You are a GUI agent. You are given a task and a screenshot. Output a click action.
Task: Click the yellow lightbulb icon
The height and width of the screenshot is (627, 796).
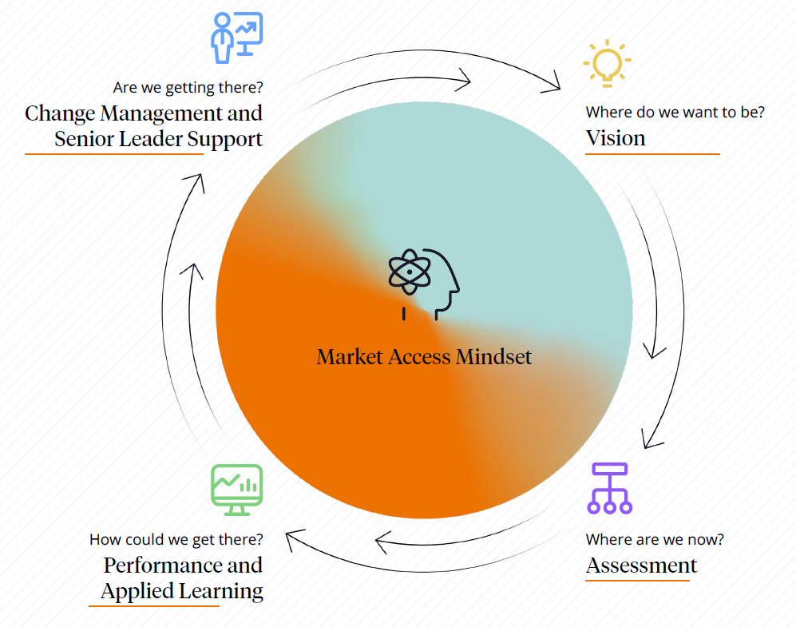click(608, 62)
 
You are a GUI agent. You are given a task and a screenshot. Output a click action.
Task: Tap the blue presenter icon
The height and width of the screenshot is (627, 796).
click(236, 38)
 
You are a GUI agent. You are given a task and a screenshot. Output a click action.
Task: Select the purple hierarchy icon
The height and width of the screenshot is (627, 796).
click(609, 487)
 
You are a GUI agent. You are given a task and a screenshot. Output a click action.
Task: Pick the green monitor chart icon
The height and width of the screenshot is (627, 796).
click(236, 490)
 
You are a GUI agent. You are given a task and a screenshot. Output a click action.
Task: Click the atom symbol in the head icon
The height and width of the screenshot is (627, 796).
click(409, 271)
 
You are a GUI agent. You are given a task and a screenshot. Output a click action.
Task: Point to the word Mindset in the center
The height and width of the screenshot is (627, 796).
click(493, 356)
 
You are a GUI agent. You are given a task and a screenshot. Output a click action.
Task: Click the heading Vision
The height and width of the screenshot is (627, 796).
click(615, 138)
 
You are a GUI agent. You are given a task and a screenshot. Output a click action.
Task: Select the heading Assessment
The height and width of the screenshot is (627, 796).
click(641, 565)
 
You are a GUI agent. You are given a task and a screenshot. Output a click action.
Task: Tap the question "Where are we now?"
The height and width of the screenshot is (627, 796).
click(655, 540)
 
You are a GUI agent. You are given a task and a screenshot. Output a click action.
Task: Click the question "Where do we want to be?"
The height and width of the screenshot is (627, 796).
click(675, 113)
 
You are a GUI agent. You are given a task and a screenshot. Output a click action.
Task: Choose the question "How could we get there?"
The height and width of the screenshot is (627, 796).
click(176, 540)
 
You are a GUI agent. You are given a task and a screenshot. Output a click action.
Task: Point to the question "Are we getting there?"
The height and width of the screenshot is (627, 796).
click(188, 87)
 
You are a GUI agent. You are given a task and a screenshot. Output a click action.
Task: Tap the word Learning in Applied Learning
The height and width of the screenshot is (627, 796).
click(224, 591)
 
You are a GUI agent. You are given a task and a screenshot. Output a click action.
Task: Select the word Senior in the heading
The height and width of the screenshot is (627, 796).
click(85, 138)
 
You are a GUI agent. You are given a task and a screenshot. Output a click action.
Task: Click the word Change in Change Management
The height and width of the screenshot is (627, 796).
click(60, 113)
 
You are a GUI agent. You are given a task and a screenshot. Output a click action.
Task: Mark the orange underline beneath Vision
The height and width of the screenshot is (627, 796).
click(652, 154)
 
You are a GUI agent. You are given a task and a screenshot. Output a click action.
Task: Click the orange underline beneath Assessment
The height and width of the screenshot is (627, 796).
click(637, 581)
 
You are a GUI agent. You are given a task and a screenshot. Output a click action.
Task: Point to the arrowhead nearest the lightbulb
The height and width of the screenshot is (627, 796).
click(552, 82)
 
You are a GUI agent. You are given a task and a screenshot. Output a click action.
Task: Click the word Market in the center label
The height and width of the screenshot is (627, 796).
click(349, 356)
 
